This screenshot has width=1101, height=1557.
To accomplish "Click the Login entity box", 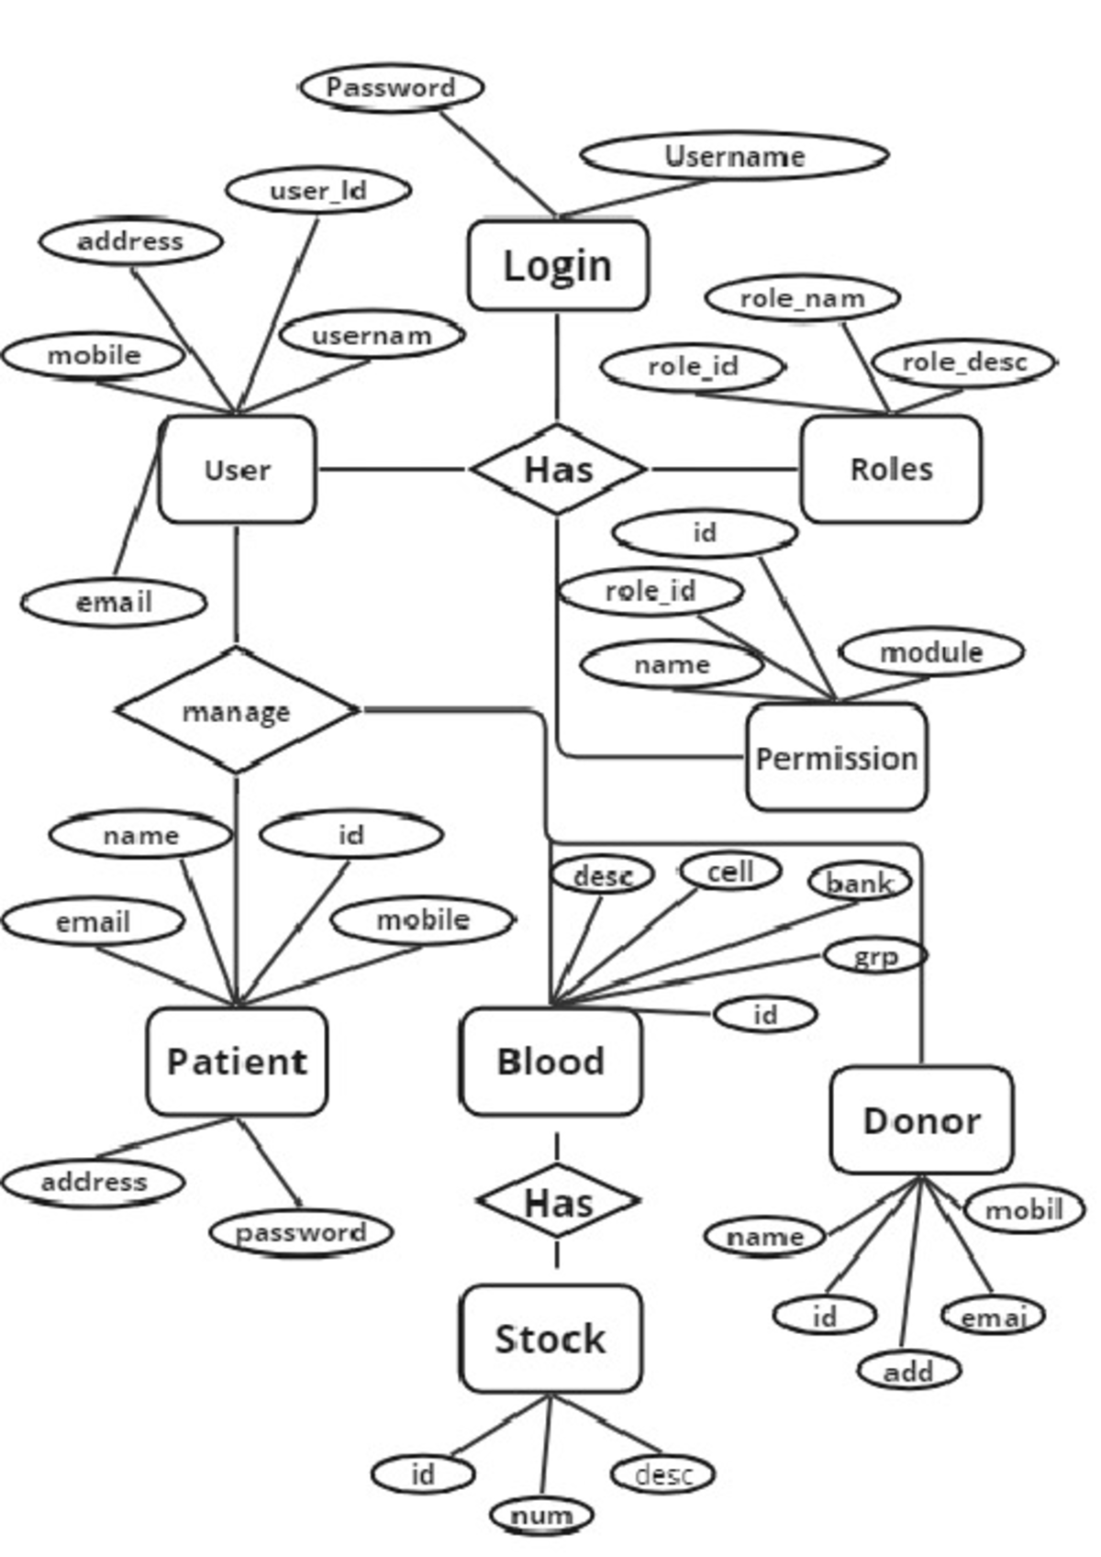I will pos(558,266).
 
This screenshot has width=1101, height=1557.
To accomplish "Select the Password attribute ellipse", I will pos(392,88).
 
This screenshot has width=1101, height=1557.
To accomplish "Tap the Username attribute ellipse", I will pos(734,157).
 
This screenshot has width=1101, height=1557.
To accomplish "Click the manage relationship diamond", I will pos(237,711).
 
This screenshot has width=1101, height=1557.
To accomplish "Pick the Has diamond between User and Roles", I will pos(558,470).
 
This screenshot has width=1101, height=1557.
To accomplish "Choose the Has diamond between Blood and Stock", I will pos(558,1202).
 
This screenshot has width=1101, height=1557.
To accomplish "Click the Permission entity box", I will pos(836,759).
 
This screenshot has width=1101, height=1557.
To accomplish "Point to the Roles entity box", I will pos(890,470).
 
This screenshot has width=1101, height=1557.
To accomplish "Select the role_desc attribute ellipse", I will pos(963,363).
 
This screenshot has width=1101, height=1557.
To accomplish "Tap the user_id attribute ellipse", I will pos(317,191).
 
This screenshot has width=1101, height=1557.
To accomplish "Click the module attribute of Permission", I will pos(931,652).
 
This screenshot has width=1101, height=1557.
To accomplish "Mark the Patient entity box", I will pos(237,1062).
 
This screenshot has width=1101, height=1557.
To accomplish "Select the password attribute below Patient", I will pos(301,1232).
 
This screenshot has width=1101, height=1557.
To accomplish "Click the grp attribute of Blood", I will pos(875,956).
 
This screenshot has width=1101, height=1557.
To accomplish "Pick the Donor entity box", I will pos(921,1120).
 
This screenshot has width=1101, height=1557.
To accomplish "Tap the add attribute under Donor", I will pos(908,1372).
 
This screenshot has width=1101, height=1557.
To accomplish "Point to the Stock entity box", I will pos(550,1340).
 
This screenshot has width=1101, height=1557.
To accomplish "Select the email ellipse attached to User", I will pos(114,603).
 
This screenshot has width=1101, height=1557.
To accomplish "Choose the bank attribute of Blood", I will pos(860,883).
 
